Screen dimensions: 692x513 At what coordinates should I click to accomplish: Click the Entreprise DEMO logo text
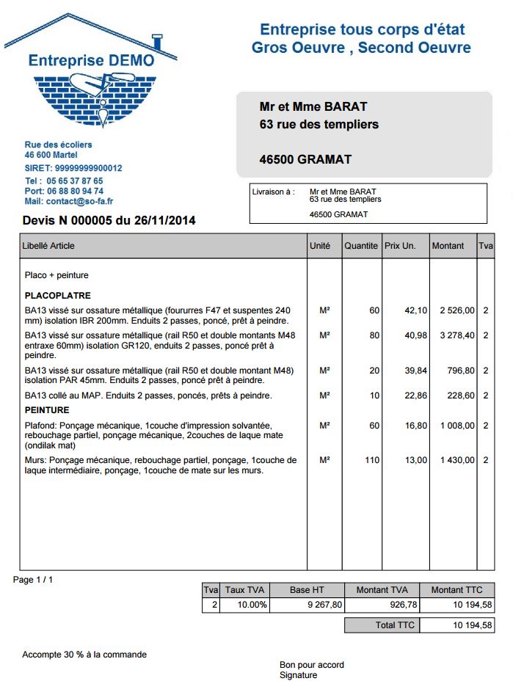pyautogui.click(x=92, y=60)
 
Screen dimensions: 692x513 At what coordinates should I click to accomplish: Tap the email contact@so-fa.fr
pyautogui.click(x=79, y=201)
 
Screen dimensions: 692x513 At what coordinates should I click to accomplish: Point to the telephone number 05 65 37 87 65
pyautogui.click(x=75, y=181)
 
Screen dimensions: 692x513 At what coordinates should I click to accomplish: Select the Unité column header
pyautogui.click(x=320, y=246)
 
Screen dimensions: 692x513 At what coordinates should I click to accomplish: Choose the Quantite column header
pyautogui.click(x=361, y=246)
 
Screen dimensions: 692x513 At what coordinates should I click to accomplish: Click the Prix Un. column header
pyautogui.click(x=400, y=246)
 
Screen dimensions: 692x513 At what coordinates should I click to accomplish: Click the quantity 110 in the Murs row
pyautogui.click(x=372, y=460)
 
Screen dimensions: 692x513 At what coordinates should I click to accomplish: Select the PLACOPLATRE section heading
pyautogui.click(x=58, y=296)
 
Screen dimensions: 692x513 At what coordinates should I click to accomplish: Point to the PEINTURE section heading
pyautogui.click(x=47, y=410)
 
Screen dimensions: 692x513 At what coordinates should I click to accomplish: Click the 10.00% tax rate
pyautogui.click(x=253, y=605)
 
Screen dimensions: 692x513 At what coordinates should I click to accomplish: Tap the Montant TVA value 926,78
pyautogui.click(x=403, y=605)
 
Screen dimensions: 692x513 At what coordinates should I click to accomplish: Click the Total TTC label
pyautogui.click(x=396, y=625)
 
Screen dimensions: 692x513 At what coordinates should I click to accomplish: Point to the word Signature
pyautogui.click(x=299, y=675)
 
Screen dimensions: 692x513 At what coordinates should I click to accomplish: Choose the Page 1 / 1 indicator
pyautogui.click(x=33, y=580)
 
